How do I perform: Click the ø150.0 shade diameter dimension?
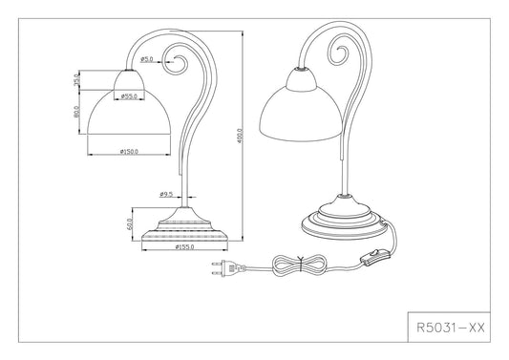(x=129, y=152)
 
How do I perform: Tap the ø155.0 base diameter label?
(x=184, y=247)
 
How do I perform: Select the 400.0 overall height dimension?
(x=240, y=137)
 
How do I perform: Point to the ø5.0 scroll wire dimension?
(x=147, y=59)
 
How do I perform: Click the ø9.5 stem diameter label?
(x=166, y=195)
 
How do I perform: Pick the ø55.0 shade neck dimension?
(x=129, y=96)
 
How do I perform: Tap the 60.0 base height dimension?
(x=130, y=224)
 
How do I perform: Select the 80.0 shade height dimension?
(x=76, y=112)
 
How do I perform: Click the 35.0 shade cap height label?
(x=76, y=80)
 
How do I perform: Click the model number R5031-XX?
(x=450, y=328)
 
